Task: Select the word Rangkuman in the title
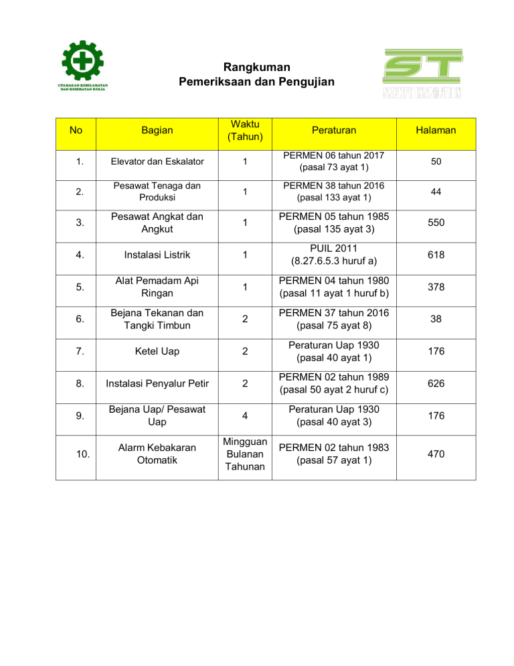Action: point(257,67)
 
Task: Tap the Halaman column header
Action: point(436,131)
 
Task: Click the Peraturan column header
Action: point(337,131)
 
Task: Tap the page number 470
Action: point(436,455)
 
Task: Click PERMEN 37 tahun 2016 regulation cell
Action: point(337,319)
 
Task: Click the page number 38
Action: point(436,320)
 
